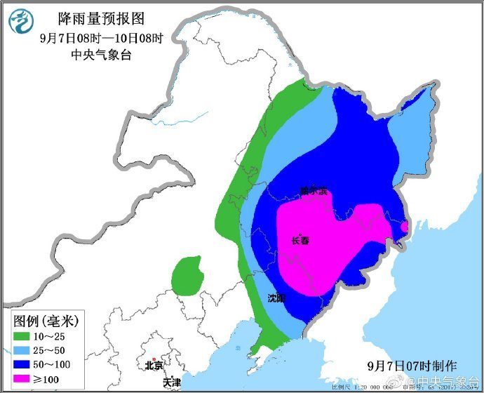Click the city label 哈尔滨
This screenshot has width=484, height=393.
pos(313,191)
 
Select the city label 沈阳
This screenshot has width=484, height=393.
pos(276,298)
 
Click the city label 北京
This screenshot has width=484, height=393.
pos(153,366)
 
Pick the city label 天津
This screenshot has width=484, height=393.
pos(171,382)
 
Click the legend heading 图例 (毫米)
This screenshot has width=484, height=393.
pos(46,321)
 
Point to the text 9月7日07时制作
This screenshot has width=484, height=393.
pos(412,366)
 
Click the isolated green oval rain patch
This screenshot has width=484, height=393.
pos(187,275)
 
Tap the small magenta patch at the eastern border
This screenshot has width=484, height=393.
pos(404,226)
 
